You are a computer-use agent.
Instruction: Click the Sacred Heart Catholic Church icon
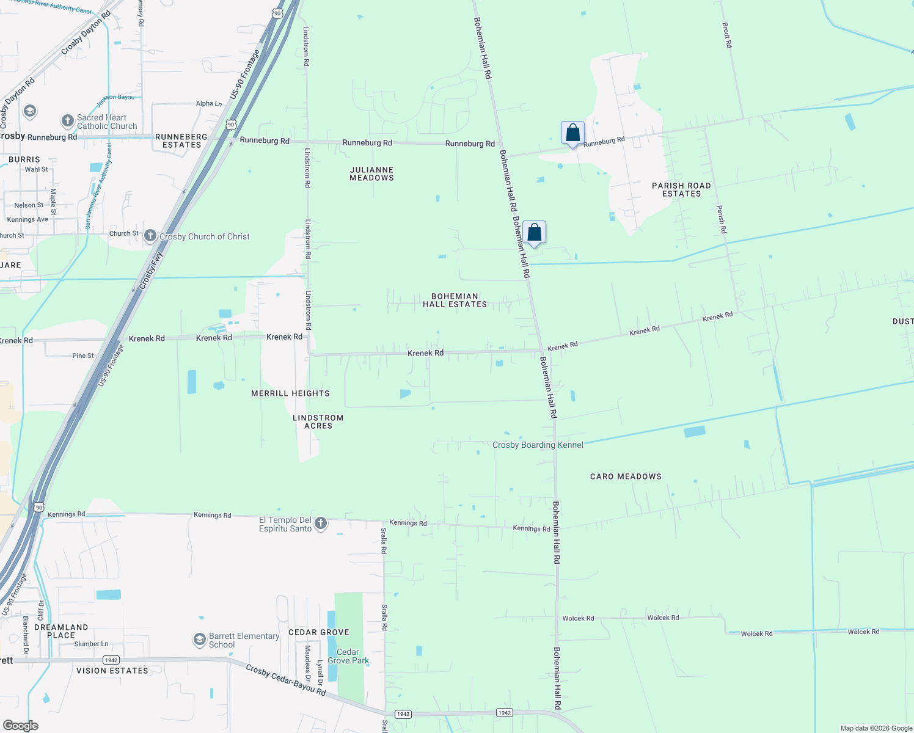coord(68,121)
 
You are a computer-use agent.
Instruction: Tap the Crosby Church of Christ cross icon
coord(150,236)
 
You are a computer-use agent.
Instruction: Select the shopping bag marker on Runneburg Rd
coord(572,133)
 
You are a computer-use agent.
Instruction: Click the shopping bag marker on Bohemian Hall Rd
coord(534,233)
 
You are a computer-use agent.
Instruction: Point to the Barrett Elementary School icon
coord(199,640)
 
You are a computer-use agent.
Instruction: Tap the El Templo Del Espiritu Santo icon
coord(320,523)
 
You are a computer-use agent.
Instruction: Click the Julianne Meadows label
coord(371,174)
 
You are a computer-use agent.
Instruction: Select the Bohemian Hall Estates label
coord(455,300)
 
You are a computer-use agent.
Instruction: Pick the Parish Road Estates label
coord(681,189)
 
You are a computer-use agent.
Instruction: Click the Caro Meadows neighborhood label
coord(626,476)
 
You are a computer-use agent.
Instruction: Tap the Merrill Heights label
coord(290,393)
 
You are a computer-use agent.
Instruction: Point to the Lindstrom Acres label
coord(318,421)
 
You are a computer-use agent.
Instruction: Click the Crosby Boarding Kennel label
coord(538,445)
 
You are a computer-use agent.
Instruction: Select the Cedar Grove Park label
coord(348,656)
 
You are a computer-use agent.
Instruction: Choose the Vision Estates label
coord(112,671)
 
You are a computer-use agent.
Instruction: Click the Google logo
coord(20,725)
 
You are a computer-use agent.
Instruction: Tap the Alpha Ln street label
coord(209,103)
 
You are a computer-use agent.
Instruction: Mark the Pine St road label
coord(83,356)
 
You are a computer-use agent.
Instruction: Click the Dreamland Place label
coord(61,631)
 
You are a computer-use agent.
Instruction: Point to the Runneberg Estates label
coord(181,140)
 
